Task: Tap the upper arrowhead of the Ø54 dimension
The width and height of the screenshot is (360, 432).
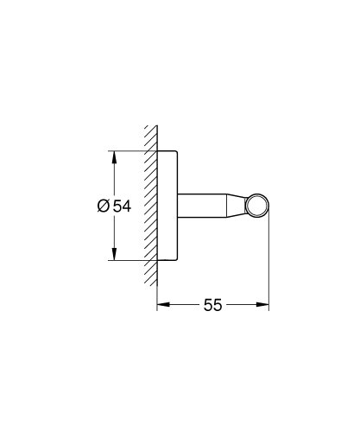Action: pos(112,156)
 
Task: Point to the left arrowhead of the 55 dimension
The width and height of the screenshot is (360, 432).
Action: pos(161,304)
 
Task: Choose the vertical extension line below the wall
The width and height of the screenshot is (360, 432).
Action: pos(156,298)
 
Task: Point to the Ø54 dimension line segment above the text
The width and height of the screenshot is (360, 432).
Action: pos(112,177)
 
